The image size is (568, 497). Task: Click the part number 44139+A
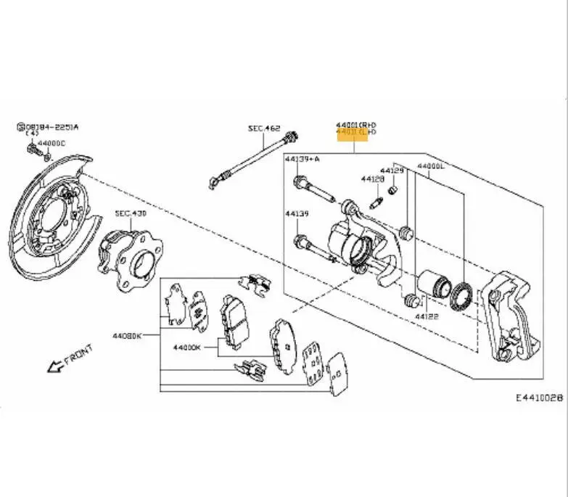tap(302, 158)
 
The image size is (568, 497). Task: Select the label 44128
tap(372, 178)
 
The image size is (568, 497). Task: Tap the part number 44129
tap(392, 171)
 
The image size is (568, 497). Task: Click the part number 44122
tap(427, 317)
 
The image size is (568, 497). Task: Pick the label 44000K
tap(186, 347)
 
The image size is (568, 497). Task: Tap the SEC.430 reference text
tap(131, 214)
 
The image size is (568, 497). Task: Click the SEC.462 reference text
tap(264, 128)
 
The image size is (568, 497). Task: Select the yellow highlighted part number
tap(356, 133)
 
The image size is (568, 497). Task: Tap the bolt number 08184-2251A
tap(51, 127)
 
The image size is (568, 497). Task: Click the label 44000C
tap(52, 144)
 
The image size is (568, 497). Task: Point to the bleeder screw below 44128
tap(376, 202)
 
